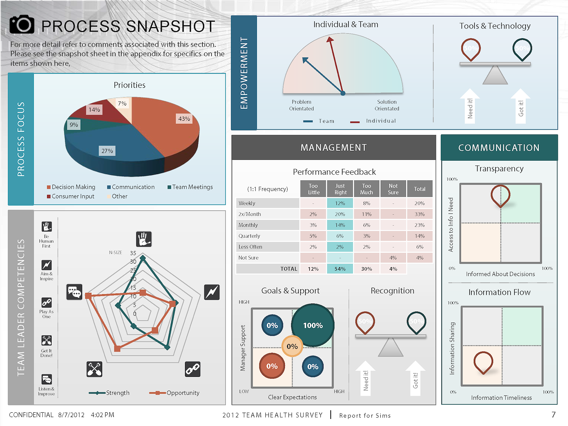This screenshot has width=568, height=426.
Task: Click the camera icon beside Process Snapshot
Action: [22, 25]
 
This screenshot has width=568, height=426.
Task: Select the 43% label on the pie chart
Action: [184, 119]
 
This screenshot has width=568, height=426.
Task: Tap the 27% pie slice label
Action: [107, 151]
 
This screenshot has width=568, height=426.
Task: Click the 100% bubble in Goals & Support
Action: [313, 325]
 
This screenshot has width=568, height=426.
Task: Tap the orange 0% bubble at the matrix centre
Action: [292, 347]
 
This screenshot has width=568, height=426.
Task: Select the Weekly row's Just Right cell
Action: [340, 203]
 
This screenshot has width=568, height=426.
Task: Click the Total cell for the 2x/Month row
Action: [419, 214]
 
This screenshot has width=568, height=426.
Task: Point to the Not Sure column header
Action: [393, 189]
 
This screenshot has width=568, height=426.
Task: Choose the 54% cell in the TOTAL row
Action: [340, 269]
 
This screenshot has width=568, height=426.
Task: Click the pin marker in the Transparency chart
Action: [500, 195]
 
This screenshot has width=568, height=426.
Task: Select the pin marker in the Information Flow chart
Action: [483, 362]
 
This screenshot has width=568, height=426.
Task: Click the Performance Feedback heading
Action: [334, 172]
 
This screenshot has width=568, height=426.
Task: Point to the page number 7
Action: [553, 415]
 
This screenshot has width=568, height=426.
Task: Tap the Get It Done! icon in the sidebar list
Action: [47, 341]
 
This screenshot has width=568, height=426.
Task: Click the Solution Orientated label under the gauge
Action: [387, 105]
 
